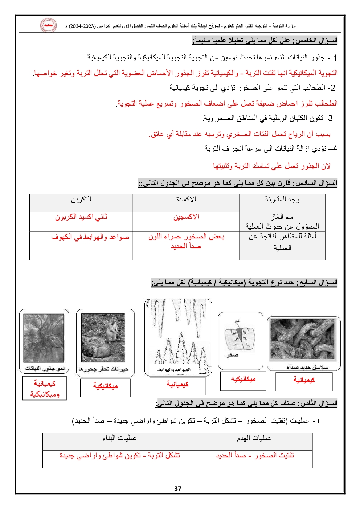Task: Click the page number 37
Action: point(177,488)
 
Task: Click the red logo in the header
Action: point(48,25)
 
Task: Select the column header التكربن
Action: point(81,199)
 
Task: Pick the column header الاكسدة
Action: point(186,199)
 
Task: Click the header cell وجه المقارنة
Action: point(282,199)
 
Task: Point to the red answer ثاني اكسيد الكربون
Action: point(81,217)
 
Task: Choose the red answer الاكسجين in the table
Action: point(186,217)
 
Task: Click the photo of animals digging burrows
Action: point(103,338)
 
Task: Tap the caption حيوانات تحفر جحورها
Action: point(103,369)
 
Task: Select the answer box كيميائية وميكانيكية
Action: point(45,388)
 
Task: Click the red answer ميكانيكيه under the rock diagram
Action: point(243,379)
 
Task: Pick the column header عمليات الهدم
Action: point(254,438)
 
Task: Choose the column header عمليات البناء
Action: point(119,438)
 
